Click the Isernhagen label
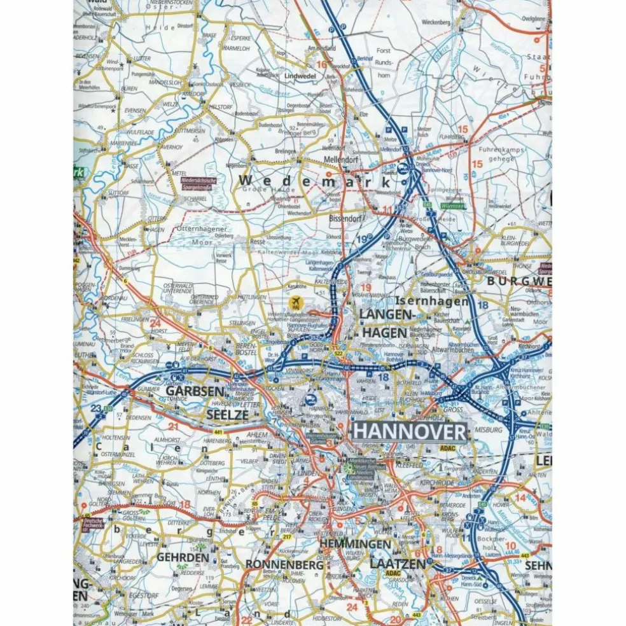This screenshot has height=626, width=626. point(431,302)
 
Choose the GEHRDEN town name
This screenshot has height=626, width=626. point(183,557)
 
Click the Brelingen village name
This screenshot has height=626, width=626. point(286,151)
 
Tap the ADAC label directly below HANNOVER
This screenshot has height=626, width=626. point(445,449)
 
